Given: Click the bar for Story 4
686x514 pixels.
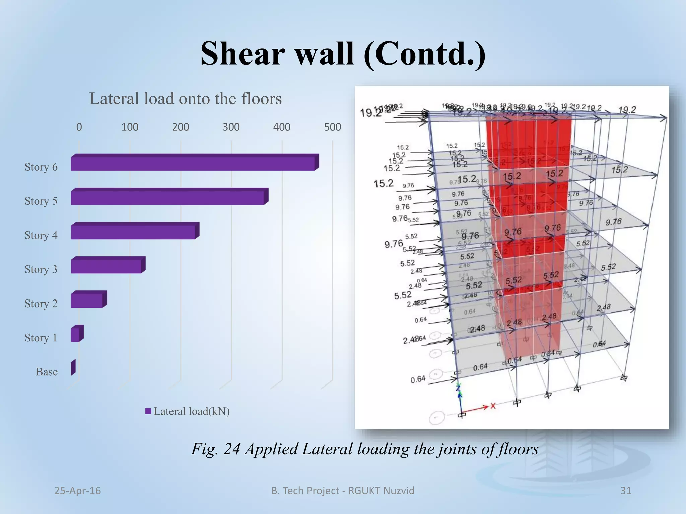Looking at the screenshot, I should [133, 232].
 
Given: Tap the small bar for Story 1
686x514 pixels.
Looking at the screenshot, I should [75, 334].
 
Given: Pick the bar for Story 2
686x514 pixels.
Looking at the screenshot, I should [87, 300].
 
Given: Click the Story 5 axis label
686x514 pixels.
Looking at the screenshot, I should [41, 201].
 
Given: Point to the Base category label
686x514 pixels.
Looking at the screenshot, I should [47, 372].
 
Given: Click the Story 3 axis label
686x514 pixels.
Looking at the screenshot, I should [41, 269].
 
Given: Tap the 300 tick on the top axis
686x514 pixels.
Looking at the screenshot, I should [231, 127].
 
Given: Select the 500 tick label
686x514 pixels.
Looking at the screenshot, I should [332, 127].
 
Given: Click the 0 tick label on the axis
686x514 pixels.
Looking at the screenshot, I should [79, 127].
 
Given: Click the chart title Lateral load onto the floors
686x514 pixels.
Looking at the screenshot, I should [185, 99].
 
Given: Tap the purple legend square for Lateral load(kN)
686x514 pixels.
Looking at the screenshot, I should [148, 411].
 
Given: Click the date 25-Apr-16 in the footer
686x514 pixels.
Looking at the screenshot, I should [77, 491].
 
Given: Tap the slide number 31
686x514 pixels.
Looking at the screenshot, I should [626, 491].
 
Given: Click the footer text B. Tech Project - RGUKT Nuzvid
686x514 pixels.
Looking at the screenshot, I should [343, 491].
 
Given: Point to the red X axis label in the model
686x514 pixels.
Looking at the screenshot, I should [493, 406].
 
